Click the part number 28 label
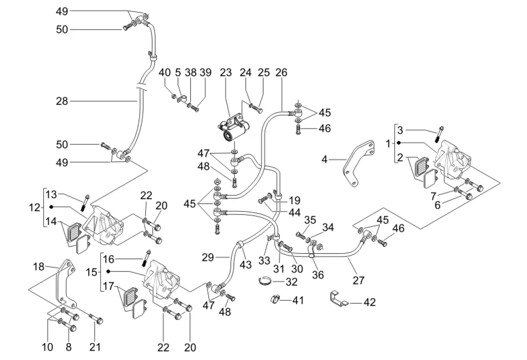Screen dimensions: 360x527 click(62, 101)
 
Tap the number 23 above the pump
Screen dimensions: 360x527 click(226, 73)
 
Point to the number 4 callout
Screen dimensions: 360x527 click(324, 159)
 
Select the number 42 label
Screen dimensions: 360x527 click(369, 302)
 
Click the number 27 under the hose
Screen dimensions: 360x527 click(358, 280)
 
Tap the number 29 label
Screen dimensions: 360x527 click(208, 257)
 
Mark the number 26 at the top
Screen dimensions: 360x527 click(281, 73)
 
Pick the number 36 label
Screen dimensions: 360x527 click(318, 275)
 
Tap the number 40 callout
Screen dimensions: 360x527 click(165, 73)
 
